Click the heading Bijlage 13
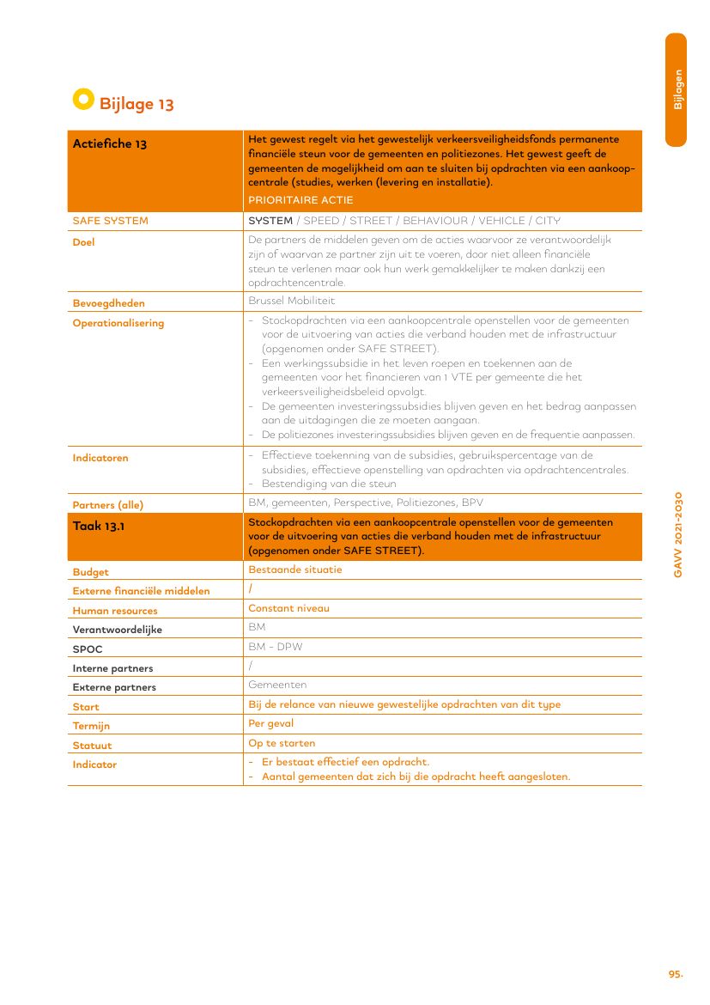click(x=137, y=105)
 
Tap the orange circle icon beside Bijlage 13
click(x=82, y=100)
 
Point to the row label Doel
click(x=83, y=242)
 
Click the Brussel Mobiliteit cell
click(x=291, y=301)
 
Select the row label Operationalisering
click(x=118, y=324)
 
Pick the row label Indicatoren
click(x=100, y=459)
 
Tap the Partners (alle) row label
click(x=107, y=505)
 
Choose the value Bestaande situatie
click(x=294, y=569)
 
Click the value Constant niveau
click(x=288, y=608)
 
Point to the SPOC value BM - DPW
click(x=275, y=647)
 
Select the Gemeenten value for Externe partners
click(x=277, y=685)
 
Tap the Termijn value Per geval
click(x=270, y=723)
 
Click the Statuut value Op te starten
click(x=282, y=743)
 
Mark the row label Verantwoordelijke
click(x=117, y=630)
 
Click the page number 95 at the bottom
click(x=676, y=974)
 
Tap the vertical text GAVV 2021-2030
click(x=677, y=534)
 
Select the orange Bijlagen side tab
click(x=677, y=89)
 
